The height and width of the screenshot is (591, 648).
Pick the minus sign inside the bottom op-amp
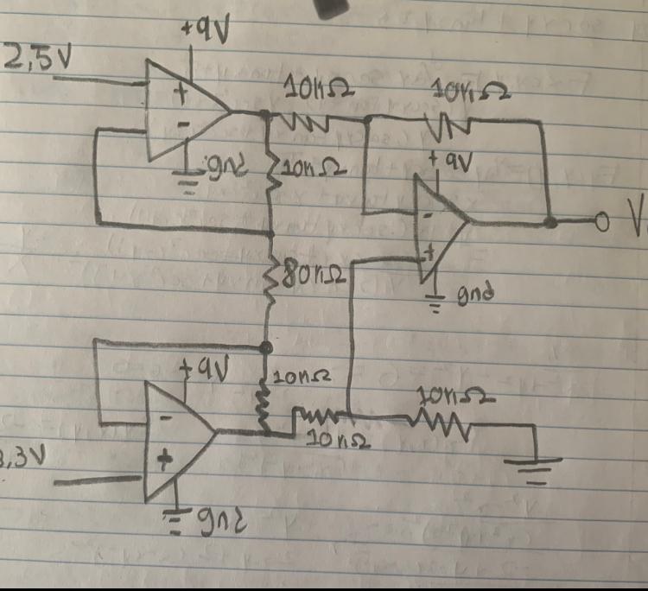pyautogui.click(x=163, y=417)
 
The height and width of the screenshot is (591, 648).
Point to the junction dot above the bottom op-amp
pyautogui.click(x=265, y=347)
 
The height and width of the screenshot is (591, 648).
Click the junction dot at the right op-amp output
pyautogui.click(x=550, y=223)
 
